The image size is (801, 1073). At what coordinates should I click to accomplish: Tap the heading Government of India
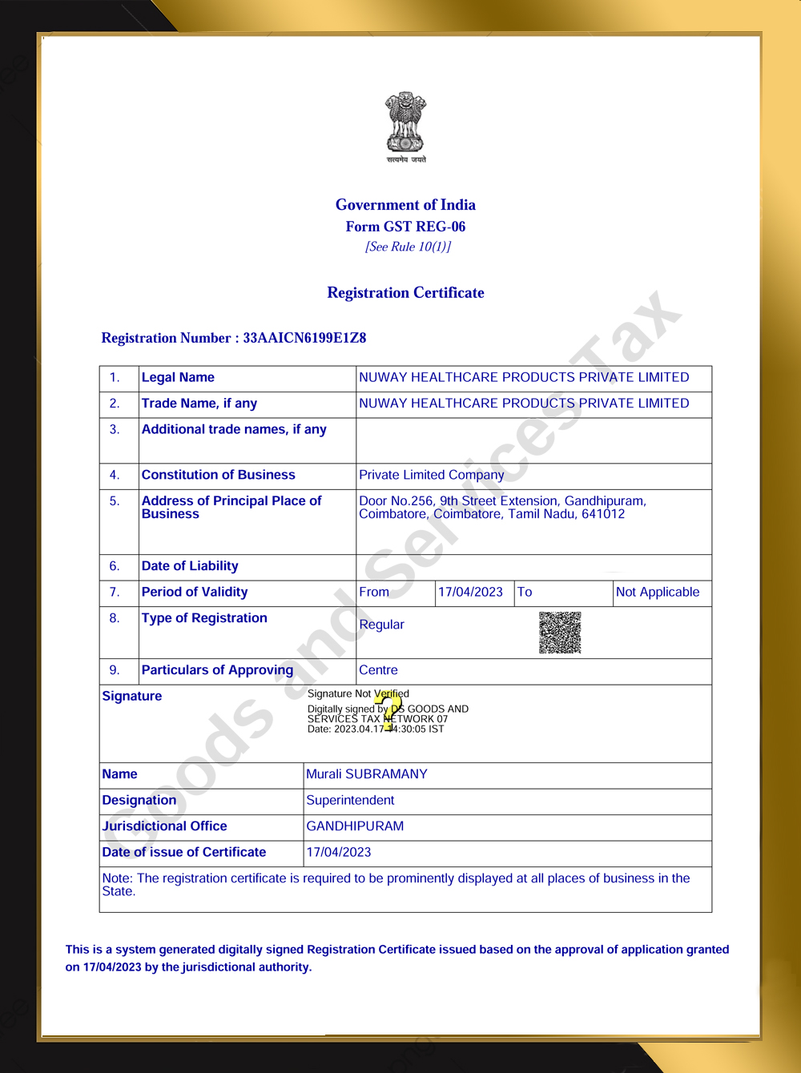[x=405, y=205]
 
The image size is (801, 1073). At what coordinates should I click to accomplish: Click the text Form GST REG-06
[x=405, y=227]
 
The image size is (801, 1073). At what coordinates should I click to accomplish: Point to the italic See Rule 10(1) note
[x=408, y=247]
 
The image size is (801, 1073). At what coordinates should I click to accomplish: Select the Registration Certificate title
[x=405, y=293]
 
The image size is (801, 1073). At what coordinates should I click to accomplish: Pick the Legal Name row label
[x=178, y=378]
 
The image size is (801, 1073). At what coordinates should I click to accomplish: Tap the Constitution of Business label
[x=218, y=475]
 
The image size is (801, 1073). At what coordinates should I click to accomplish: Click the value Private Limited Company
[x=431, y=475]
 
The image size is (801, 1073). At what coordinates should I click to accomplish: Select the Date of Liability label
[x=190, y=566]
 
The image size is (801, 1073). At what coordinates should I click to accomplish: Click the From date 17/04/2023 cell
[x=470, y=593]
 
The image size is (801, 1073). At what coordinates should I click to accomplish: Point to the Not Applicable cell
[x=657, y=593]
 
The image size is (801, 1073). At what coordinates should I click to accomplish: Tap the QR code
[x=560, y=633]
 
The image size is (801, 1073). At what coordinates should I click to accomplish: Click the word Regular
[x=381, y=625]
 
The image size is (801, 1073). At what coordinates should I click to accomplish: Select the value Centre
[x=378, y=670]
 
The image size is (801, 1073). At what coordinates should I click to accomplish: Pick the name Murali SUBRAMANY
[x=367, y=774]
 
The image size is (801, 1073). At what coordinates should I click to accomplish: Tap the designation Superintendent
[x=350, y=801]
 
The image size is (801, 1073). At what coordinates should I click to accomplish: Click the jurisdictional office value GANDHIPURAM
[x=355, y=826]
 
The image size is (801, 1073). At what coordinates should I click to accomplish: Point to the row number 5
[x=115, y=501]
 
